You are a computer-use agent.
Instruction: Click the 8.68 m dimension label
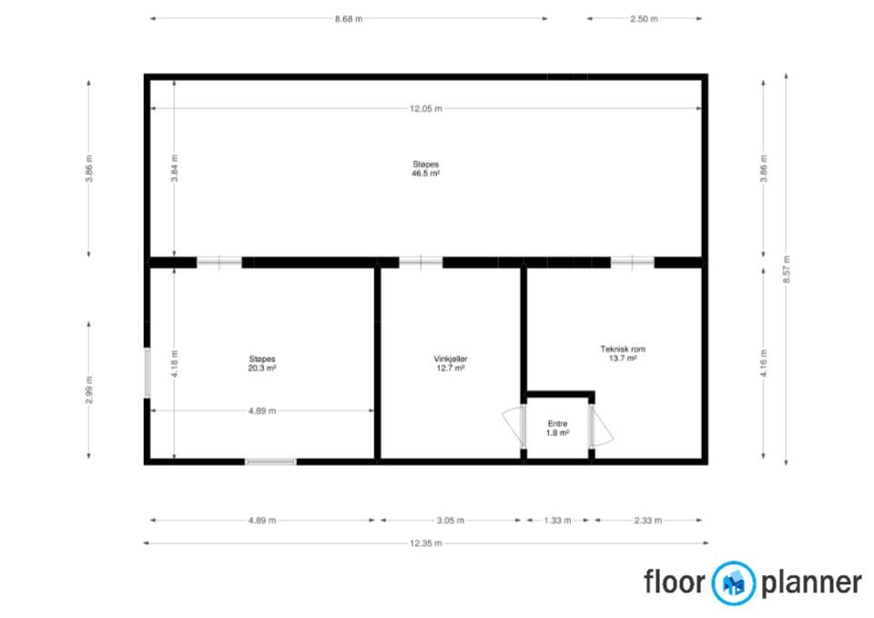click(349, 19)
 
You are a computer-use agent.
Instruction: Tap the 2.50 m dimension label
click(644, 19)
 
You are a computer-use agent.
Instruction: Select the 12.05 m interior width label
click(426, 108)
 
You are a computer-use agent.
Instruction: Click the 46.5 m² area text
click(426, 173)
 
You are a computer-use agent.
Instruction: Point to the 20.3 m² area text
click(262, 369)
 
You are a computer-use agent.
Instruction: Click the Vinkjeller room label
click(451, 359)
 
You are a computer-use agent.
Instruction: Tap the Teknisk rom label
click(623, 349)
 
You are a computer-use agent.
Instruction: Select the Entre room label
click(557, 423)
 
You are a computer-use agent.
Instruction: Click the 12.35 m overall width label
click(426, 543)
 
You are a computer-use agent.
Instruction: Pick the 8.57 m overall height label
click(787, 269)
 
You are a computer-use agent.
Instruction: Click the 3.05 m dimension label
click(451, 521)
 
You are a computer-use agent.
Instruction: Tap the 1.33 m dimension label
click(557, 521)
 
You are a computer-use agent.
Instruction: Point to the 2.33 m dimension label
click(647, 521)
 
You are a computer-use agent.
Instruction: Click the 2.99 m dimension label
click(89, 390)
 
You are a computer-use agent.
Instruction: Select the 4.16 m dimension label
click(764, 363)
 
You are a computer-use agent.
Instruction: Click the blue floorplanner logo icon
click(734, 583)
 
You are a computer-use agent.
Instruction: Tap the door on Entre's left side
click(513, 427)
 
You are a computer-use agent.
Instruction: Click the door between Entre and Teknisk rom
click(601, 426)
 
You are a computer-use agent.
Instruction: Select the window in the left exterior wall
click(147, 373)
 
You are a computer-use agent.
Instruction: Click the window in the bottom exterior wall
click(271, 462)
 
